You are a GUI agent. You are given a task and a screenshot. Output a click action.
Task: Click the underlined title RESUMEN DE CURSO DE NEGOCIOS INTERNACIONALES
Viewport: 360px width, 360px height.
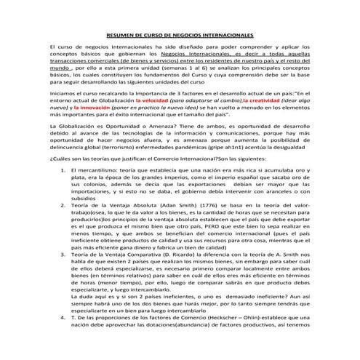click(x=180, y=35)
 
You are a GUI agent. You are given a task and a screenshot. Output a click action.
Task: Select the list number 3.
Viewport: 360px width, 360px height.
click(x=62, y=276)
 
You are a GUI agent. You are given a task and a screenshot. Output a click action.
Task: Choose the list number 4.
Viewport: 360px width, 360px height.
click(x=62, y=340)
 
